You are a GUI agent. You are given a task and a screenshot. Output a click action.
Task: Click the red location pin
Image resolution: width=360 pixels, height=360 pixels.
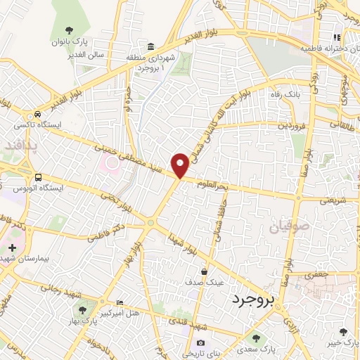[181, 165]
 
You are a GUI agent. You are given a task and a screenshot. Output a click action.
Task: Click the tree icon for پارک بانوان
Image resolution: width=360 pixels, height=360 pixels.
[69, 30]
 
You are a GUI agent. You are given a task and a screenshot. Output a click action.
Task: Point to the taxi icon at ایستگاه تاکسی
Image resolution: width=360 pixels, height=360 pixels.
[36, 115]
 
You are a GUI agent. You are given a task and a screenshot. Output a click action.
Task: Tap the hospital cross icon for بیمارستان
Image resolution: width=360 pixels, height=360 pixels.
[12, 247]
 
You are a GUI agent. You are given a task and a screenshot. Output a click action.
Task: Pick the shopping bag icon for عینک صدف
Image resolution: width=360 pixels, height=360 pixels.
[204, 271]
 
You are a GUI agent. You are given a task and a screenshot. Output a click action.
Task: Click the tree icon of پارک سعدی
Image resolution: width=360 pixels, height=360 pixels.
[255, 337]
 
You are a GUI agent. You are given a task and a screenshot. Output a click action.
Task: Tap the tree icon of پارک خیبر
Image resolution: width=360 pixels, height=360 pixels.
[343, 331]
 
